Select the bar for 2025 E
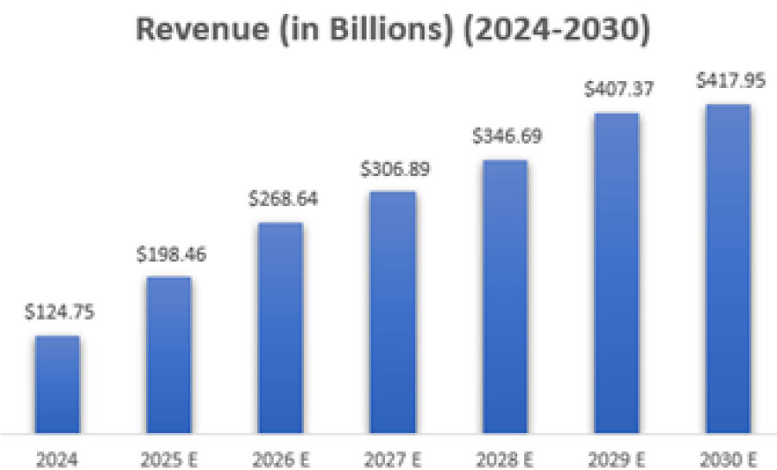(x=168, y=354)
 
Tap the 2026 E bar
(x=281, y=328)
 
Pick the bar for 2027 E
(x=393, y=311)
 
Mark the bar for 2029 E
(x=616, y=273)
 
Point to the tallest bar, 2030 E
(x=728, y=268)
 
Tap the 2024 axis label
(x=57, y=455)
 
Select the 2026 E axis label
(x=281, y=455)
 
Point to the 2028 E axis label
(x=505, y=455)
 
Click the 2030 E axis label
(x=728, y=455)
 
